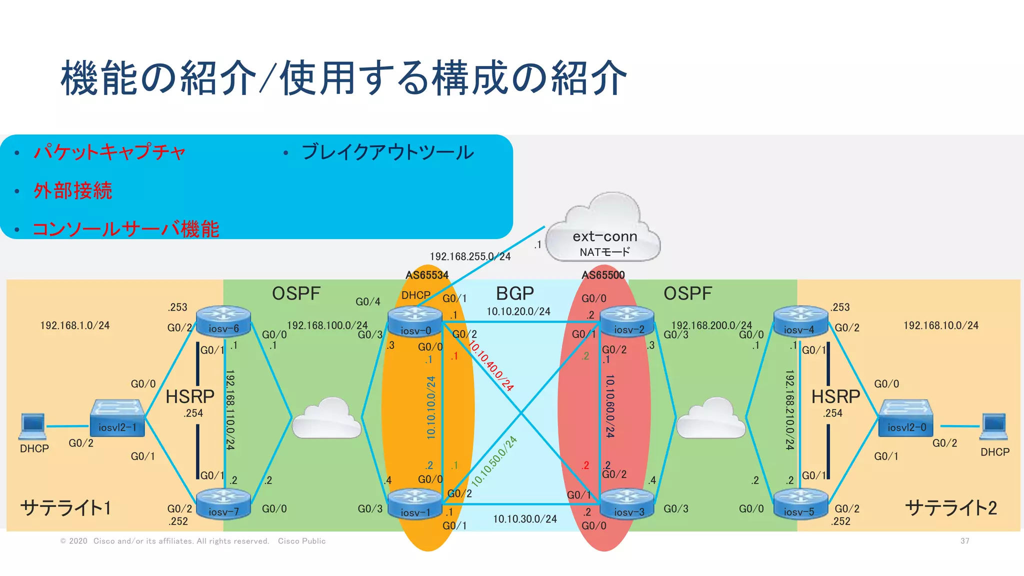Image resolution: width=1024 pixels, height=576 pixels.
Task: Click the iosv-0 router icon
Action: tap(415, 322)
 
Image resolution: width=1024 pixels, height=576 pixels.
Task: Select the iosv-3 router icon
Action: tap(627, 504)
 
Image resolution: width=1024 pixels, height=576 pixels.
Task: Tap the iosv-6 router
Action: tap(223, 321)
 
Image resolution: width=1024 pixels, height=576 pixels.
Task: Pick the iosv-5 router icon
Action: tap(800, 503)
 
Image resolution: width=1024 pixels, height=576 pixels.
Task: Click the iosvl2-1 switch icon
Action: tap(117, 417)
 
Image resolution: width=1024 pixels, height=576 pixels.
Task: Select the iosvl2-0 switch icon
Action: tap(905, 417)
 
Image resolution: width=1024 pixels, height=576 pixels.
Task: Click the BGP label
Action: tap(514, 293)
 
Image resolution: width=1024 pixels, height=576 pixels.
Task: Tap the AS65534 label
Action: tap(426, 275)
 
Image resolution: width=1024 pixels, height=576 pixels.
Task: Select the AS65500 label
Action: tap(603, 275)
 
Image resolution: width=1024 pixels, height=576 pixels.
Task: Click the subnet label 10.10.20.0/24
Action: tap(518, 311)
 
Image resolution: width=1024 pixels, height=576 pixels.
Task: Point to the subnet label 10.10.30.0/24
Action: tap(524, 519)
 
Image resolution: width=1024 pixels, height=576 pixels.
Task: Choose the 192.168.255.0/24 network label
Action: tap(470, 256)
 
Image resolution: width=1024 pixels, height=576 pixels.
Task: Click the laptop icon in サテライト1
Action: tap(33, 425)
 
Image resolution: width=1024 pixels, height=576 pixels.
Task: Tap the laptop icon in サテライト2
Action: tap(993, 426)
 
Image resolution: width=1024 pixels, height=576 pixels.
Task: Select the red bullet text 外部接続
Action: tap(73, 191)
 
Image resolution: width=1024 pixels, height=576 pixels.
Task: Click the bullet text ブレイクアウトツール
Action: tap(387, 152)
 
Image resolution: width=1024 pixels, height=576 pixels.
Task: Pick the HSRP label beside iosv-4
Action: tap(835, 397)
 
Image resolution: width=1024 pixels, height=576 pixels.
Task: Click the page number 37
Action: tap(964, 541)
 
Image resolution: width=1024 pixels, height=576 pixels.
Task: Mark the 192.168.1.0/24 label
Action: tap(74, 325)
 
